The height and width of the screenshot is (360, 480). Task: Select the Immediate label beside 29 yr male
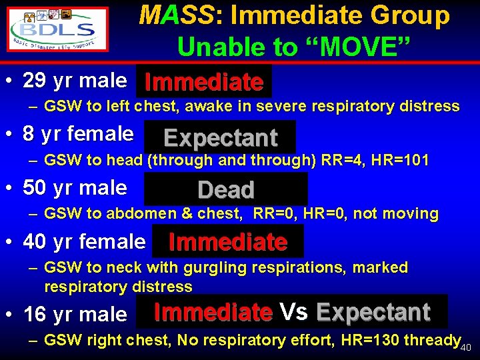pyautogui.click(x=204, y=82)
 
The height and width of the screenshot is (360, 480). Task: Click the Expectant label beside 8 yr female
pyautogui.click(x=220, y=137)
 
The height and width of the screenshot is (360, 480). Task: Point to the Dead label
pyautogui.click(x=226, y=190)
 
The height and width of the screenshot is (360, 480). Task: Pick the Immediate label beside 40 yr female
pyautogui.click(x=228, y=241)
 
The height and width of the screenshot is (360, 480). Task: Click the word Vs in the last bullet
pyautogui.click(x=294, y=311)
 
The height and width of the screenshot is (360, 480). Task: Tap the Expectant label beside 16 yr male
pyautogui.click(x=373, y=311)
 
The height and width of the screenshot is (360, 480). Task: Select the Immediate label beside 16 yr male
pyautogui.click(x=213, y=311)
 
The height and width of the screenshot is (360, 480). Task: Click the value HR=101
pyautogui.click(x=406, y=160)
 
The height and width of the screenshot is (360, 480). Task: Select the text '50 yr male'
pyautogui.click(x=75, y=188)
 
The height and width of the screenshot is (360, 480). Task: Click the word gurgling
pyautogui.click(x=219, y=267)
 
